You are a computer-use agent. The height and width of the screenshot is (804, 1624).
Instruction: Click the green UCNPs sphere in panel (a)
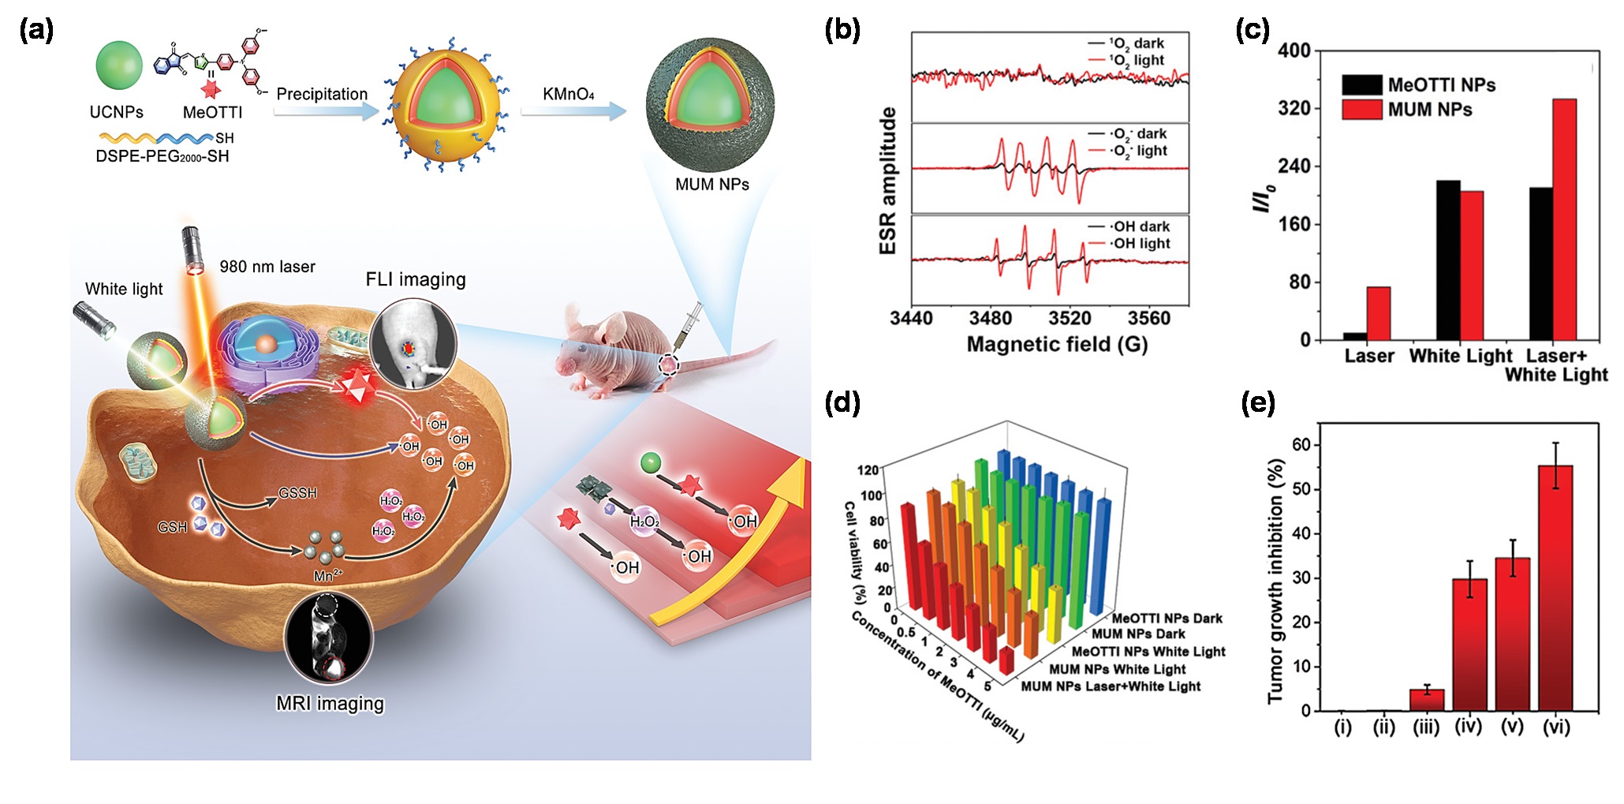(119, 65)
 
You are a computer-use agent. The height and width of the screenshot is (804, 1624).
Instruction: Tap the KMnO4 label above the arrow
(568, 95)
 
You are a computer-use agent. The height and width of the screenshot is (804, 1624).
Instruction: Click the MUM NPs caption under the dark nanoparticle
(711, 185)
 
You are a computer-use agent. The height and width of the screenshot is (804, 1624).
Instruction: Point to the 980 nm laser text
(267, 267)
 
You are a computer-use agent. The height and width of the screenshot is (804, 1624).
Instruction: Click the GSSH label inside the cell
(297, 493)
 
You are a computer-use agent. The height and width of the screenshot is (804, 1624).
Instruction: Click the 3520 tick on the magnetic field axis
(1070, 319)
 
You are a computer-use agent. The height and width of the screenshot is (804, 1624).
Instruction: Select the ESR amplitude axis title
(888, 181)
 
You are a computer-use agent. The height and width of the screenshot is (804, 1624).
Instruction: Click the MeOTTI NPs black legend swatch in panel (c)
(1361, 84)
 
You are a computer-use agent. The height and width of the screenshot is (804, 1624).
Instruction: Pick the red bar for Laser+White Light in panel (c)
(1564, 219)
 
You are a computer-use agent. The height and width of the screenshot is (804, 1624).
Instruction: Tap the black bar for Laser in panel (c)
(1355, 336)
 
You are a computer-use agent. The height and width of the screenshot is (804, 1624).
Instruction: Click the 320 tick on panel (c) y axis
(1294, 108)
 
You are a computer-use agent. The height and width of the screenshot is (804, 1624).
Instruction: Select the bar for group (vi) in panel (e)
(1555, 588)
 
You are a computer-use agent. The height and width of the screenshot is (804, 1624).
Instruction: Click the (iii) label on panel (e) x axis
(1426, 727)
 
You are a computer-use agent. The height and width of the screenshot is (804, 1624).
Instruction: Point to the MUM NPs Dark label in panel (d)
(1138, 634)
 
